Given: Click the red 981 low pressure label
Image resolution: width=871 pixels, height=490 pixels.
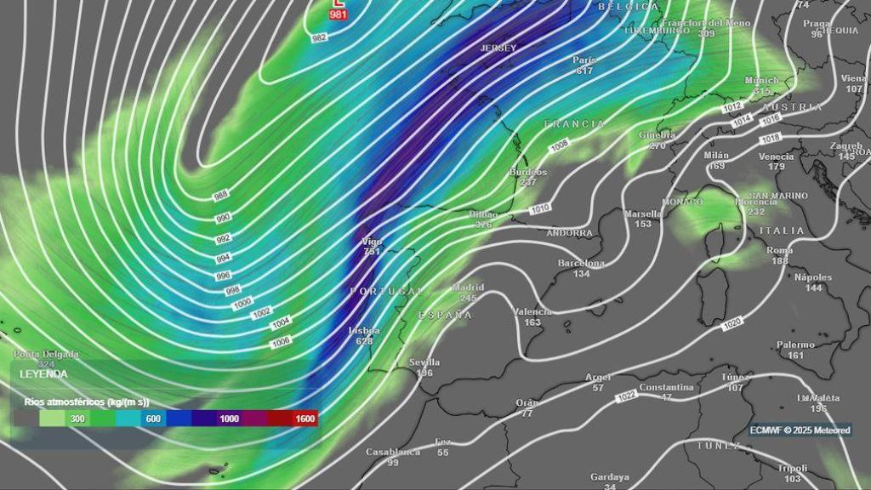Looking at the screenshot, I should tap(339, 14).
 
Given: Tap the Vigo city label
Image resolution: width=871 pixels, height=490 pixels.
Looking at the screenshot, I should tap(372, 242).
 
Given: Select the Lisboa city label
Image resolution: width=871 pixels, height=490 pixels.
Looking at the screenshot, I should tap(364, 330).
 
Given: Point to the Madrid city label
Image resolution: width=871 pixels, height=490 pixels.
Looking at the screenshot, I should tap(468, 288).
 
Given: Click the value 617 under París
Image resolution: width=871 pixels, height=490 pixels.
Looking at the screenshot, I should tap(584, 71).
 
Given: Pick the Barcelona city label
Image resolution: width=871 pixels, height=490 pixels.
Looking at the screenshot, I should tap(581, 264).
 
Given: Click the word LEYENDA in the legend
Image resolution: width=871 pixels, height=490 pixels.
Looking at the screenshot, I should tap(44, 373).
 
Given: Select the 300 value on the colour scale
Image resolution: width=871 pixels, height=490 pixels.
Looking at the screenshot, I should tap(77, 419).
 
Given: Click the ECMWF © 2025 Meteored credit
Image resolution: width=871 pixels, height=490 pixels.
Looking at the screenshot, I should tap(800, 430).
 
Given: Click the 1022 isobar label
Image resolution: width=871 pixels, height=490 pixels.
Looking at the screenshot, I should tap(627, 396).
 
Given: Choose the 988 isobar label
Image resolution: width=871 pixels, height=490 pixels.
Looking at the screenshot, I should tap(220, 196).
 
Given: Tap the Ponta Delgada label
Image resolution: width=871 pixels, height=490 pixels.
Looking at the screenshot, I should tap(46, 354).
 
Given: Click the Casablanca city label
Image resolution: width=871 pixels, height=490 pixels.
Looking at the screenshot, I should tap(393, 452).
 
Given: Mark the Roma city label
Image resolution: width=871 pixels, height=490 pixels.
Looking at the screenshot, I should tap(780, 251).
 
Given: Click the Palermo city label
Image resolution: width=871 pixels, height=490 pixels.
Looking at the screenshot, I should tap(795, 345).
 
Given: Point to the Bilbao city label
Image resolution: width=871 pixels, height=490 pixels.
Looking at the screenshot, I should tap(483, 214).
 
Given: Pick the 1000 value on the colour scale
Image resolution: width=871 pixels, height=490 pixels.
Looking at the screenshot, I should tap(229, 419).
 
